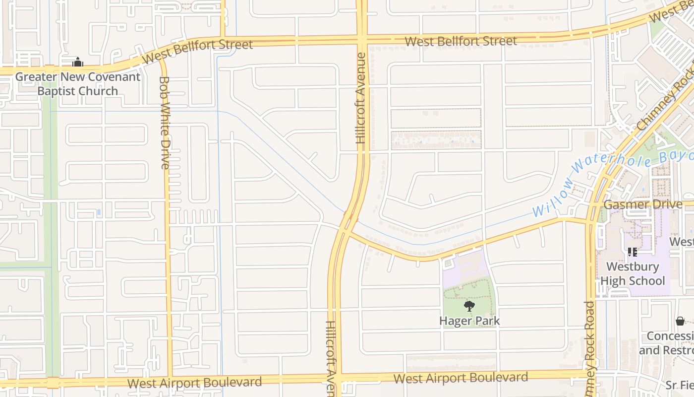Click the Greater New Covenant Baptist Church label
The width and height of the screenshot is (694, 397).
coord(78,84)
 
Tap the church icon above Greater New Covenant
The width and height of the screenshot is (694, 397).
coord(77,63)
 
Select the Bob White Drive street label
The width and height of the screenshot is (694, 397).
coord(165,122)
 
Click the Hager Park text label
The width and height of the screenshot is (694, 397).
coord(469,321)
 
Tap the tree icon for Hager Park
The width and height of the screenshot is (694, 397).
coord(469,306)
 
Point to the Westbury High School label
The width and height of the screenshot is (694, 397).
coord(633,273)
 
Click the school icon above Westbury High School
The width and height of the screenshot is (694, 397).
coord(632,252)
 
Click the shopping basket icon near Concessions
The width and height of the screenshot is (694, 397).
coord(680,321)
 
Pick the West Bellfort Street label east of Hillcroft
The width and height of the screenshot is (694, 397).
coord(461,41)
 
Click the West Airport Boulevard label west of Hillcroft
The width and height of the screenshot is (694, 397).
coord(194,383)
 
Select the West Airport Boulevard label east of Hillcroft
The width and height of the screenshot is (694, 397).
coord(461,378)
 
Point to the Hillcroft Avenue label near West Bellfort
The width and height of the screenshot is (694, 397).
coord(361,98)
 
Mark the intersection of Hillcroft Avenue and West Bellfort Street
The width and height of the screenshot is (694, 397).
coord(361,40)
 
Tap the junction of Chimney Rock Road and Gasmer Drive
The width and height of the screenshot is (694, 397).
coord(591,204)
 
